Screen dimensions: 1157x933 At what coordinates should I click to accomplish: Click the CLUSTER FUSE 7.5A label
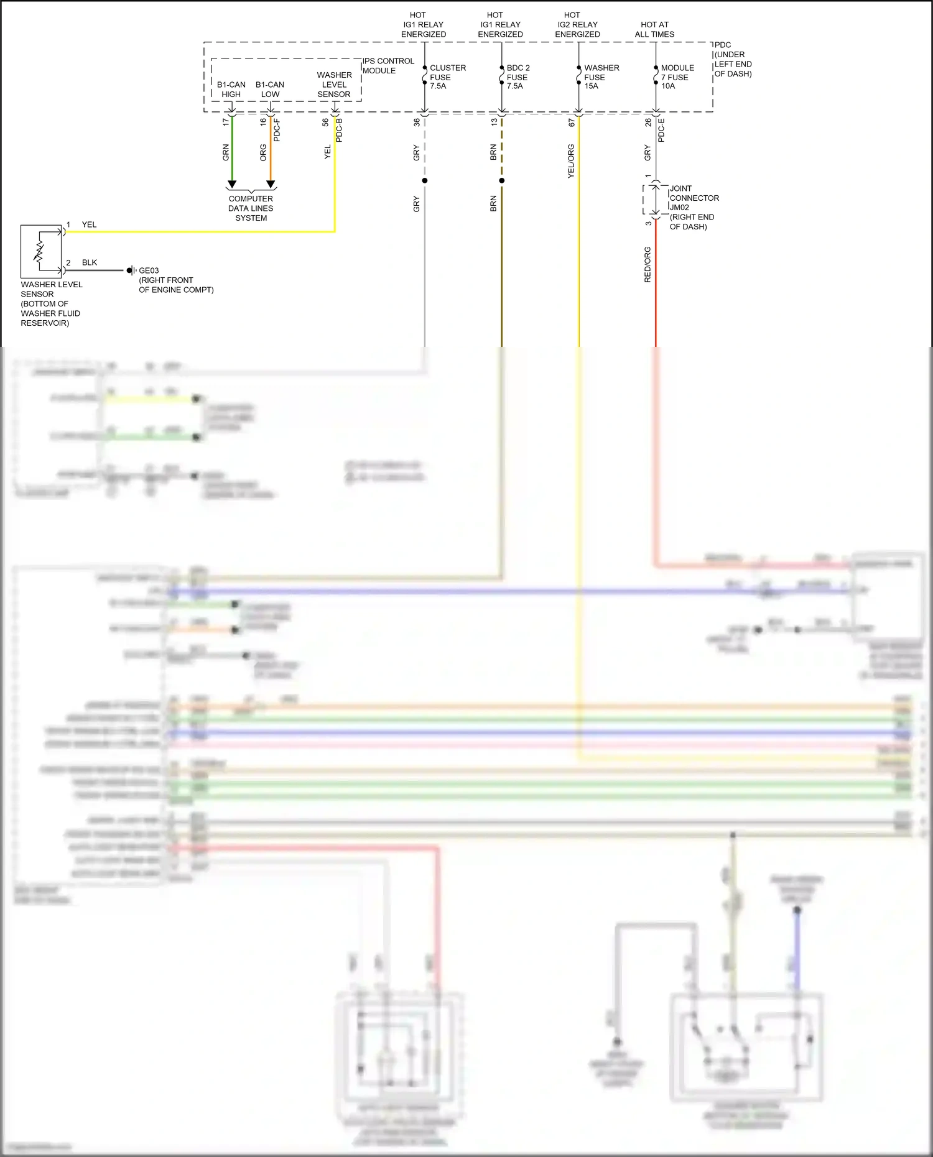(447, 77)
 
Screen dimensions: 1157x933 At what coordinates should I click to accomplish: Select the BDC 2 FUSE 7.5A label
(518, 77)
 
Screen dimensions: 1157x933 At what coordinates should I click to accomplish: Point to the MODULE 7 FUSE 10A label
(677, 77)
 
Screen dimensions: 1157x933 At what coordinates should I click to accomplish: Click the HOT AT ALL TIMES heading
(654, 29)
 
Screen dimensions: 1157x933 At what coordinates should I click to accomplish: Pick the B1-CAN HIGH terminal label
(231, 90)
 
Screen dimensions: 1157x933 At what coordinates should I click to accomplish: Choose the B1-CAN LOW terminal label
(270, 90)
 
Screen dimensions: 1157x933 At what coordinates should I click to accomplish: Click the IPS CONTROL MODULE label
(388, 66)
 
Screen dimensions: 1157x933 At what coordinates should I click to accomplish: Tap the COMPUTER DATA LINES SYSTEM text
(251, 208)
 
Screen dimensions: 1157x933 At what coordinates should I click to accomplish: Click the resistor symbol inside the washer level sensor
(39, 251)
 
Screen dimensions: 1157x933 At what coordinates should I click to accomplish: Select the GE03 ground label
(149, 270)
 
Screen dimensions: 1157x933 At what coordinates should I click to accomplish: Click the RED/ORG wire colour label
(648, 265)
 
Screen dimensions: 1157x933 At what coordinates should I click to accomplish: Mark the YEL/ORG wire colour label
(571, 162)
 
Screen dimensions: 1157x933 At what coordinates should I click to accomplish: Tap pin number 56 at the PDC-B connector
(325, 122)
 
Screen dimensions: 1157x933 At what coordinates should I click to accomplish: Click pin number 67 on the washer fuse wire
(572, 123)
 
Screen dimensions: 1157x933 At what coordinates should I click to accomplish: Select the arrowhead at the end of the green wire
(232, 184)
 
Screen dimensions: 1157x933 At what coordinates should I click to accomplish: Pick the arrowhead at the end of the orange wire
(271, 184)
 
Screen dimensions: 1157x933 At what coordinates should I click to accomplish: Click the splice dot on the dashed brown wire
(502, 181)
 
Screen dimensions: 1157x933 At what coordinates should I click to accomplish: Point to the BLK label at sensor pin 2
(90, 262)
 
